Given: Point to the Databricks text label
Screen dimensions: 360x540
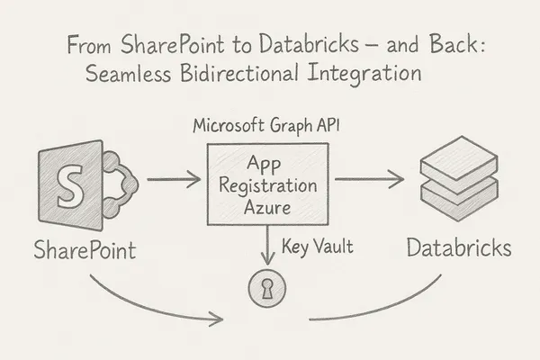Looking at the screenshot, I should [457, 247].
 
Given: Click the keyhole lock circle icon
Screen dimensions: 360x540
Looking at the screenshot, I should [267, 287].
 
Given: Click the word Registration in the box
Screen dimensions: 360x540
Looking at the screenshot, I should [268, 186].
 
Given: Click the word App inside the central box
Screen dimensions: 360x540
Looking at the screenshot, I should [268, 166].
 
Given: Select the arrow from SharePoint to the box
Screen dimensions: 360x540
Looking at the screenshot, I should [173, 180].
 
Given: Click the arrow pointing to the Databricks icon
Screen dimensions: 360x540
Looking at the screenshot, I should [368, 180].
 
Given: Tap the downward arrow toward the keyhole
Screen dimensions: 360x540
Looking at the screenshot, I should [267, 245].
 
